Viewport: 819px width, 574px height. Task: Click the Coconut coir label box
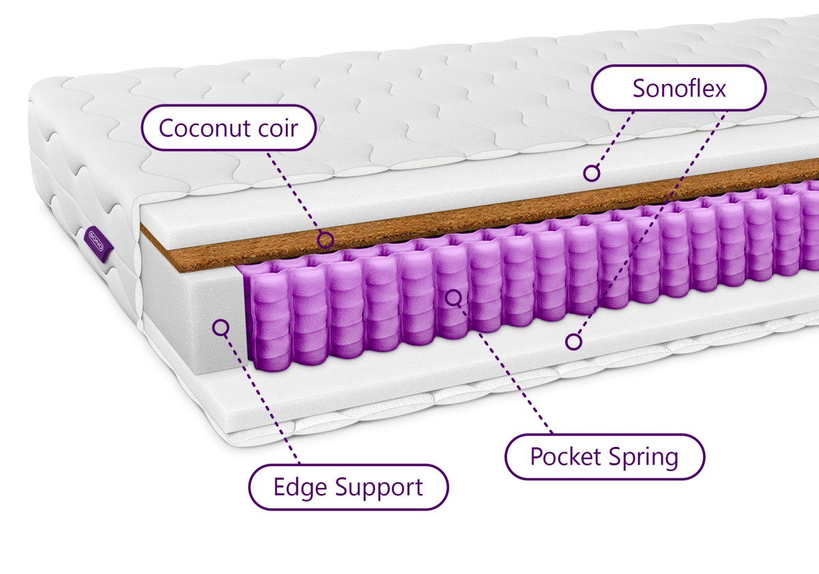pos(229,127)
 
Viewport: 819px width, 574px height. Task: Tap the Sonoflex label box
pos(678,88)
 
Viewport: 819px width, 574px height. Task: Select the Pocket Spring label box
pos(605,457)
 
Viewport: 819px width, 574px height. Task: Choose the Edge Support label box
pos(349,487)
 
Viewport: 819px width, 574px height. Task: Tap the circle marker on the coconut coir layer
pos(325,240)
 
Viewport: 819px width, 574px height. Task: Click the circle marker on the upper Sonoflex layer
pos(591,173)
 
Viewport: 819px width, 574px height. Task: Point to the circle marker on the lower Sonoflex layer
pos(573,342)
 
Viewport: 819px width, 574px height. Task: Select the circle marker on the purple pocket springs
pos(453,299)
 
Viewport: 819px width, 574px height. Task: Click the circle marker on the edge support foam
pos(220,327)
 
